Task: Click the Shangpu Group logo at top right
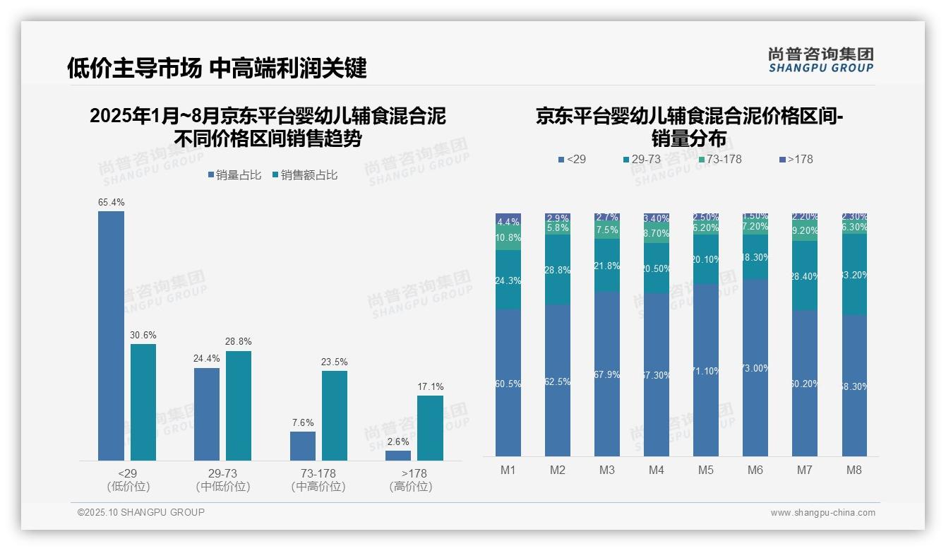click(820, 60)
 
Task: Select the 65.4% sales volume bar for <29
click(111, 336)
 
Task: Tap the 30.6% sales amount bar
click(143, 402)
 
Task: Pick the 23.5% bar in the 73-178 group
click(335, 415)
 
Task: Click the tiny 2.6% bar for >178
click(398, 456)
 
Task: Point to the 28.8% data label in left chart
click(239, 341)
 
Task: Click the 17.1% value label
click(431, 386)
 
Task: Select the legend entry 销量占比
click(234, 175)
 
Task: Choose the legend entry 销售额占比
click(304, 175)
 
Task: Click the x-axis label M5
click(706, 470)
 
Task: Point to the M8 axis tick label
click(854, 470)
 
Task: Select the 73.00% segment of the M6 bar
click(755, 367)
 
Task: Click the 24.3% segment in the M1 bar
click(508, 280)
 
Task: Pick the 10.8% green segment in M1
click(508, 238)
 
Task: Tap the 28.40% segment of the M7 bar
click(805, 275)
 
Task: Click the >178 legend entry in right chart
click(796, 160)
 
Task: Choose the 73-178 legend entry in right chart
click(719, 160)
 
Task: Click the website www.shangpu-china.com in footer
click(822, 513)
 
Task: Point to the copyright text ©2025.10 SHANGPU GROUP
click(141, 512)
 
